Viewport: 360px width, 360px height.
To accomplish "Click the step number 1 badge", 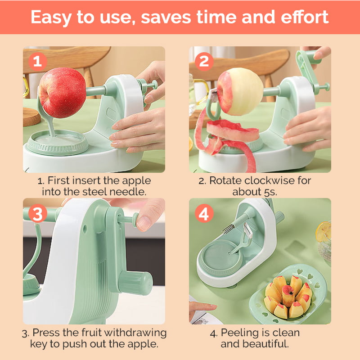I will coord(37,61).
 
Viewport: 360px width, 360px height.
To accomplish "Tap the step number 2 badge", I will coord(204,61).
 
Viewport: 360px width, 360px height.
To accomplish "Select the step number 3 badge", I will coord(37,214).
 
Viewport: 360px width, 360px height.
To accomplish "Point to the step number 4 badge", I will coord(204,214).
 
